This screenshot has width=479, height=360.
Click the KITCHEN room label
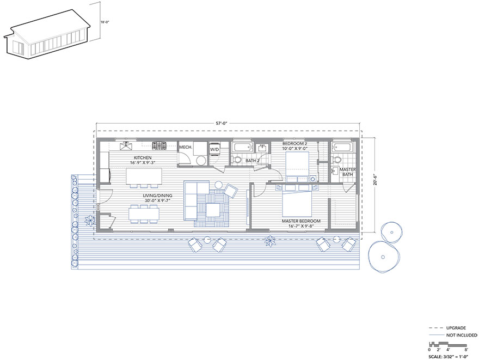pyautogui.click(x=143, y=158)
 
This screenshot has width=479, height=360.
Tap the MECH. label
pyautogui.click(x=186, y=147)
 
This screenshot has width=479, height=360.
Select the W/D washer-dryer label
pyautogui.click(x=214, y=149)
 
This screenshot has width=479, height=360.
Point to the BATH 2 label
pyautogui.click(x=253, y=161)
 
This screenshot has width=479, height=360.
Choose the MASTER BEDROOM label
pyautogui.click(x=301, y=221)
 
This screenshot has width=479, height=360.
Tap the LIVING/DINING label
pyautogui.click(x=158, y=196)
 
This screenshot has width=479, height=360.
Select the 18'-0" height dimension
pyautogui.click(x=105, y=22)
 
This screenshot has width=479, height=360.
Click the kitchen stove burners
pyautogui.click(x=159, y=145)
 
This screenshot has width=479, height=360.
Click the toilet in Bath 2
pyautogui.click(x=236, y=159)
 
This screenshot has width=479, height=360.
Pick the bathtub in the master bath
pyautogui.click(x=342, y=147)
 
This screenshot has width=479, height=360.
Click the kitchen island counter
pyautogui.click(x=144, y=176)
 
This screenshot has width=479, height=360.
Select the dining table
pyautogui.click(x=144, y=213)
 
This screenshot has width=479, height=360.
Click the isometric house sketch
pyautogui.click(x=47, y=34)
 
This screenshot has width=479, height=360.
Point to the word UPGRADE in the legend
pyautogui.click(x=456, y=328)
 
